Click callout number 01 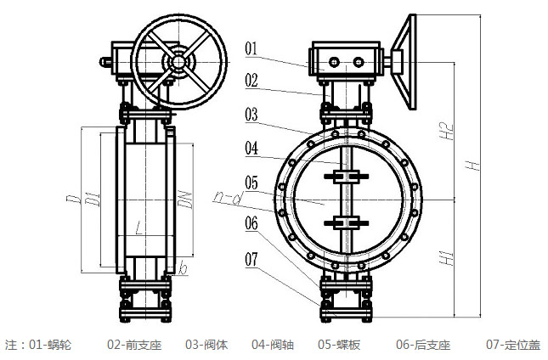[x=251, y=48]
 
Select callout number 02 [x=251, y=81]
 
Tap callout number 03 [x=251, y=114]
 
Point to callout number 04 [x=251, y=148]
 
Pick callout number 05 [x=251, y=182]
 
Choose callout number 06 [x=251, y=224]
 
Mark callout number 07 [x=251, y=256]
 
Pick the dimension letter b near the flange [x=181, y=269]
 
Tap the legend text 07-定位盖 [x=512, y=346]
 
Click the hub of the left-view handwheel [x=178, y=61]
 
